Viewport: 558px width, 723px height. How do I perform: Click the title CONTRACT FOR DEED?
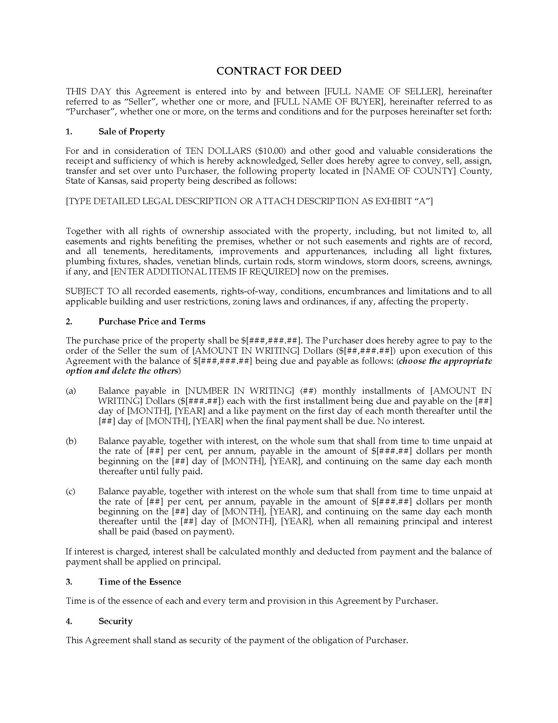(279, 71)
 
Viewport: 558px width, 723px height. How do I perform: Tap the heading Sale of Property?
(132, 132)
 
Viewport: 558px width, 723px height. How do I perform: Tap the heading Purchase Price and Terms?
(152, 321)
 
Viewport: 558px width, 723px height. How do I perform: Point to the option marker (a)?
(71, 391)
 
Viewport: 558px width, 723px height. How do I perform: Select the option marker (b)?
(71, 441)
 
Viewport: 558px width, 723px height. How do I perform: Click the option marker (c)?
(71, 492)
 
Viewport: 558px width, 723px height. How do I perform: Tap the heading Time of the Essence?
(139, 582)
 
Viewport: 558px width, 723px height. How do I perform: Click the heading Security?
(115, 621)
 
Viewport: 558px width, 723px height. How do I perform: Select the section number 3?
(69, 582)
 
